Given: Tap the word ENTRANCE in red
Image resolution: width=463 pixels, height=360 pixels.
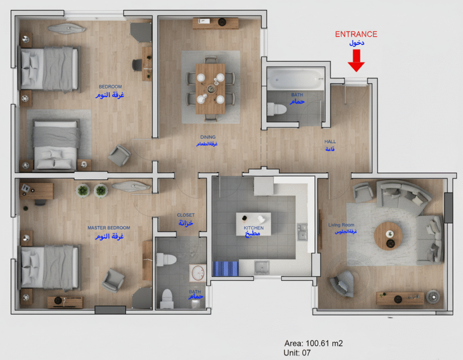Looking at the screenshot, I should [x=356, y=34].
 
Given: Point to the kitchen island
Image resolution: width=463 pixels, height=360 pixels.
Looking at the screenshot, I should [x=253, y=223].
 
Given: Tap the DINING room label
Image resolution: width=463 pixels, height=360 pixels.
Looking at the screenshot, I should [x=208, y=137].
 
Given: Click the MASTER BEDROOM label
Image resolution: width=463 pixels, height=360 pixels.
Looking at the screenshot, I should [x=109, y=228].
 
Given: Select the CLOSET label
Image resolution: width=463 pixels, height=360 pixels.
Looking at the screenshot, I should [x=186, y=215].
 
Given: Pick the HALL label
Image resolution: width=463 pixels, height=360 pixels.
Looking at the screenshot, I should [x=330, y=142].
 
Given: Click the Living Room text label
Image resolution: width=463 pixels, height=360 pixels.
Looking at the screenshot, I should [x=341, y=225].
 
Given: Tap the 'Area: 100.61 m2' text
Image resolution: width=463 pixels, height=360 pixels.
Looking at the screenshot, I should [x=310, y=344].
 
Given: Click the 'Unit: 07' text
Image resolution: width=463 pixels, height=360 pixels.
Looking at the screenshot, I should [x=297, y=353].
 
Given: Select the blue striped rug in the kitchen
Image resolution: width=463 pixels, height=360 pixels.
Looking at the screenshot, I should [x=225, y=268].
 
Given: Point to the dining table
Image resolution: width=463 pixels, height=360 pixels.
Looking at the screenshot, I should [x=210, y=88].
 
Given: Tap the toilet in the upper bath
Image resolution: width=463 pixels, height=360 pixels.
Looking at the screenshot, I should [x=277, y=109].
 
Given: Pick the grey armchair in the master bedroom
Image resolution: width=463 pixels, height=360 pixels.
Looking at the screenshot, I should [x=113, y=280].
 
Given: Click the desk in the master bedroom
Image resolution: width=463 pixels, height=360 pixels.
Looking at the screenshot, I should [x=36, y=190].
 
